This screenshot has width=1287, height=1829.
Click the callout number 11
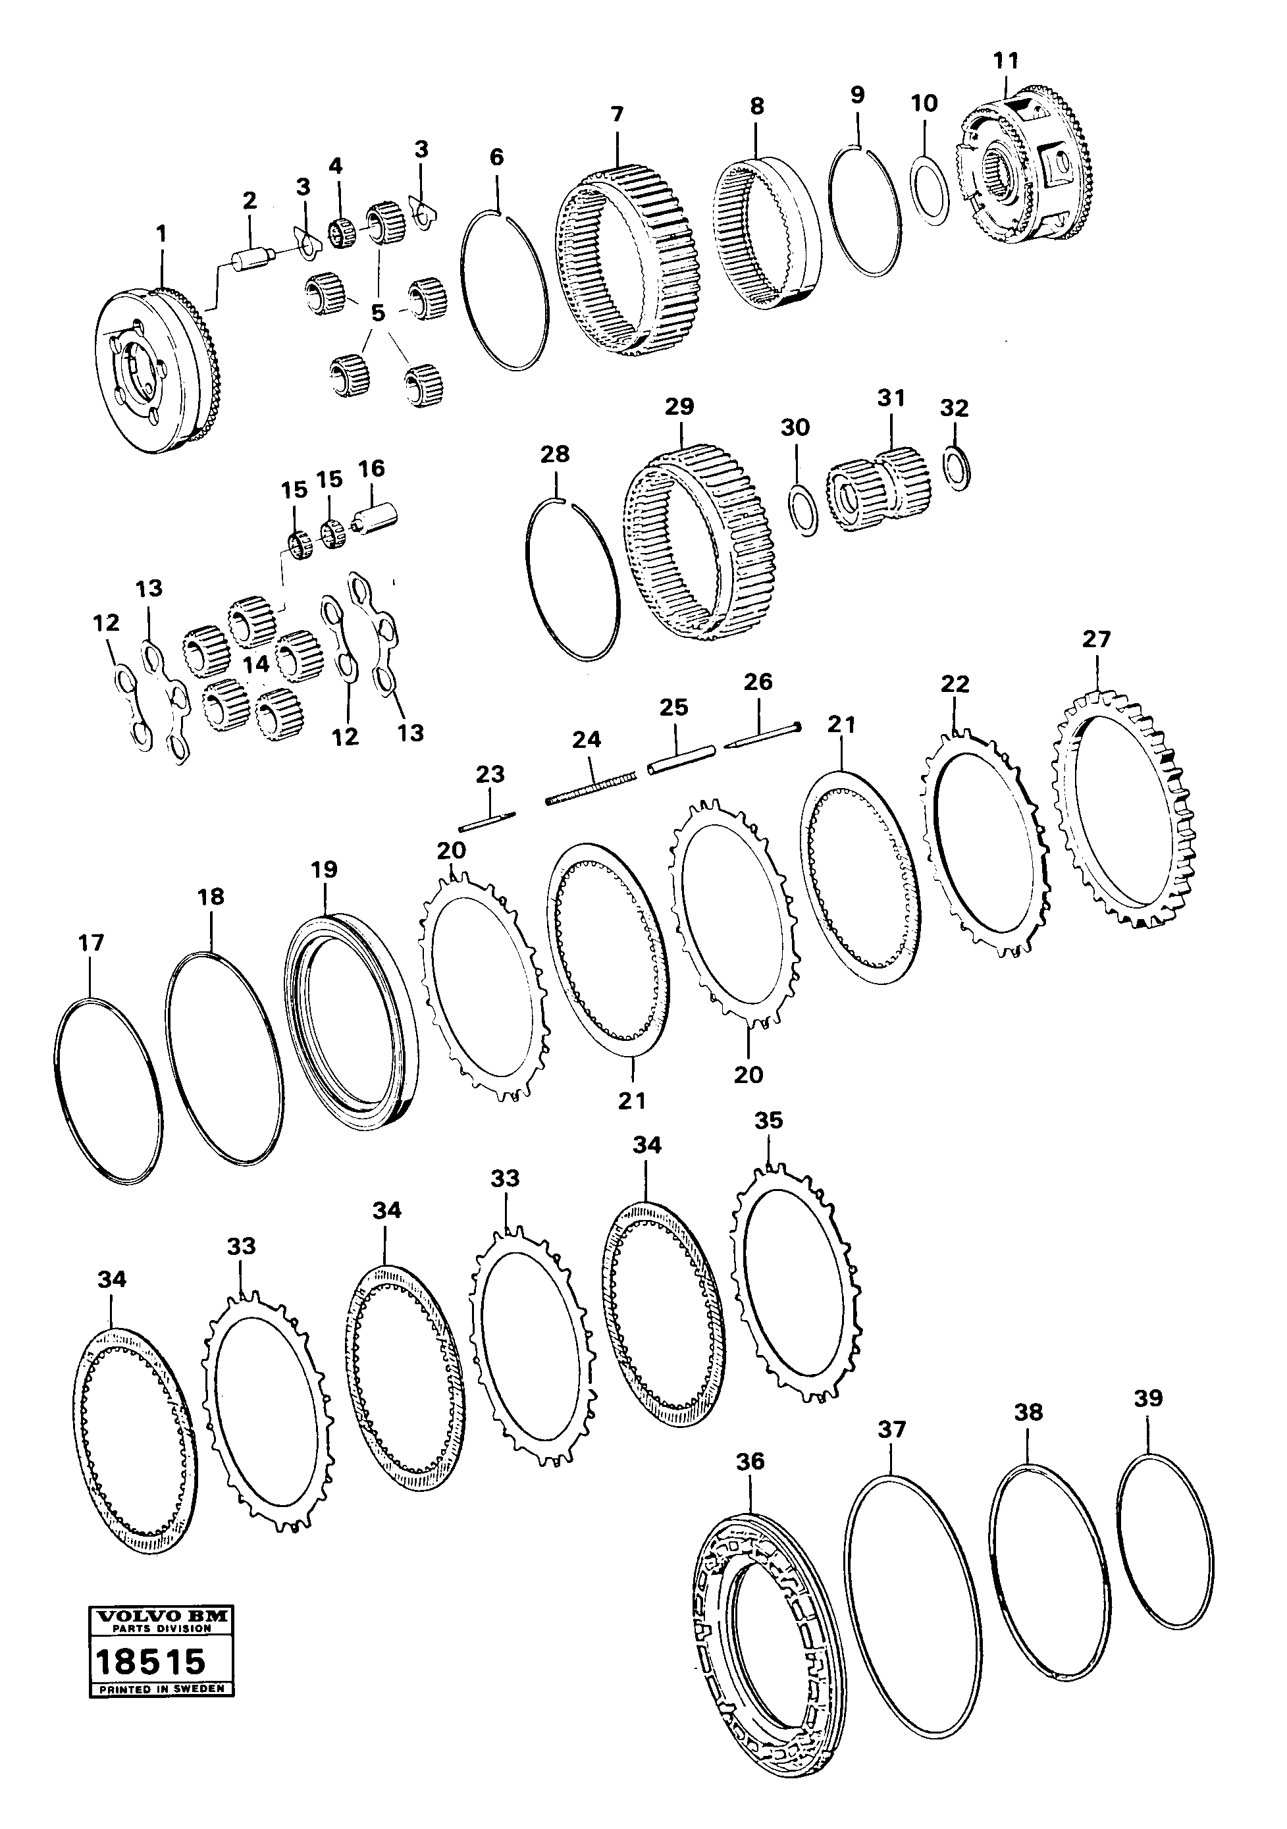(1006, 61)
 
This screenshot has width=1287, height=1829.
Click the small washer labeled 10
(929, 189)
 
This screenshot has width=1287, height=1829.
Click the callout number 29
(679, 407)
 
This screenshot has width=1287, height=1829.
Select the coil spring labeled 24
(591, 788)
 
